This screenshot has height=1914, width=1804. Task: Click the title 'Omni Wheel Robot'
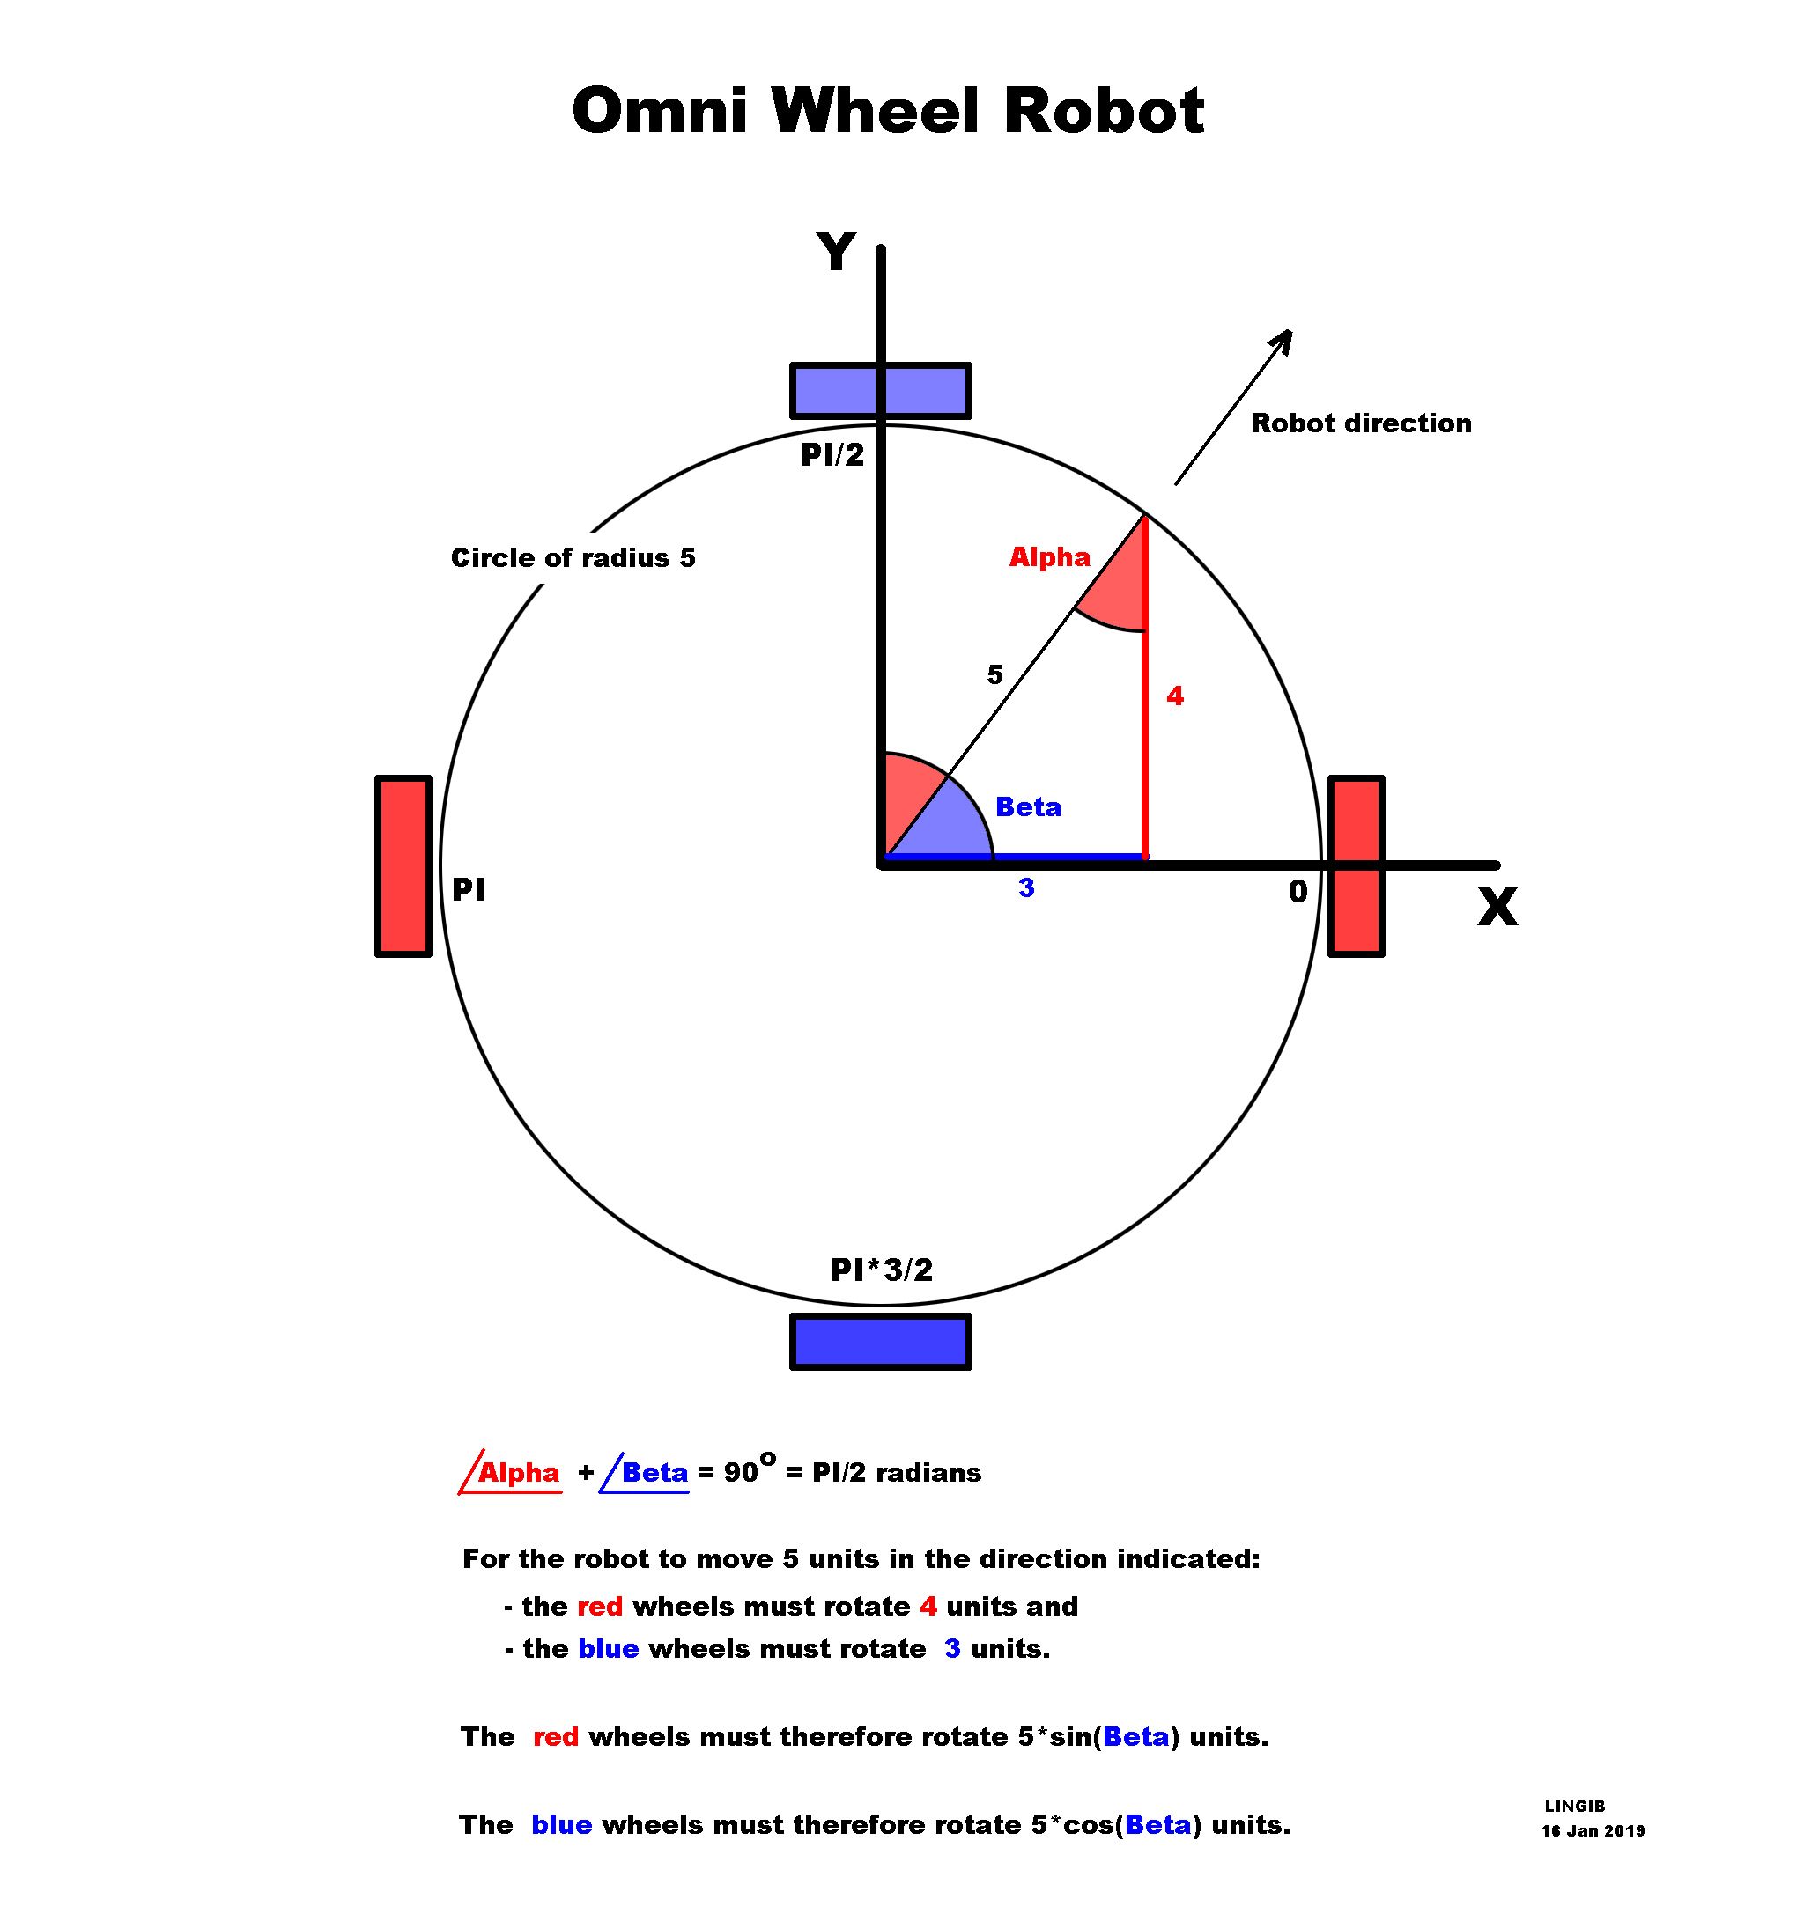887,111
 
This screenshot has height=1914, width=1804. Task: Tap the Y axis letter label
835,254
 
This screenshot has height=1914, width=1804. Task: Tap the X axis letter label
1497,907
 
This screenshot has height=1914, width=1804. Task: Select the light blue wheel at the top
879,391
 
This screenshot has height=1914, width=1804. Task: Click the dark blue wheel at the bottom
879,1341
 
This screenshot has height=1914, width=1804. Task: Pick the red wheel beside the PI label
403,865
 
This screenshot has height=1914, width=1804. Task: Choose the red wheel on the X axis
1357,865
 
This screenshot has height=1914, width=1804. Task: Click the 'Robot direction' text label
1360,423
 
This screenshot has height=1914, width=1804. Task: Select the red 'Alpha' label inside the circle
1049,557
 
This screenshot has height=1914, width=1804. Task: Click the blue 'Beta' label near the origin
1028,806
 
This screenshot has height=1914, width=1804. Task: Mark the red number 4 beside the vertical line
1174,696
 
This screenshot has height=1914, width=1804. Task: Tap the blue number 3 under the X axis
1026,888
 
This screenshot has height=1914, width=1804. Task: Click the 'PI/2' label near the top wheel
832,455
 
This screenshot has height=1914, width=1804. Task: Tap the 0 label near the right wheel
1298,893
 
